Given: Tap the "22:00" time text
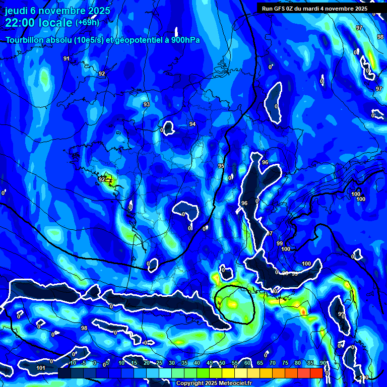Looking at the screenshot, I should [21, 23].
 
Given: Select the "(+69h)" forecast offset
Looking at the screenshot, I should [87, 23].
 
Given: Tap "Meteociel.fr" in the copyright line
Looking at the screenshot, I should [234, 383].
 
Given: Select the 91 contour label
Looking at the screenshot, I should [67, 59].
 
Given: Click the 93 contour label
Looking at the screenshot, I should [147, 105].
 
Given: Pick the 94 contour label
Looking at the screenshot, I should [192, 124].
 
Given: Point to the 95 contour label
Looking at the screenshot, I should [221, 166].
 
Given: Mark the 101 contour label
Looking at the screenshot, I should [41, 368].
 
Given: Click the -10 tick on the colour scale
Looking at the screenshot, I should [72, 363].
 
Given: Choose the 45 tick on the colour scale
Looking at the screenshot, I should [210, 363].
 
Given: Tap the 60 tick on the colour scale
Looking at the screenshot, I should [247, 363].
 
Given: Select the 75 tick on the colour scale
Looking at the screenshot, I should [285, 363].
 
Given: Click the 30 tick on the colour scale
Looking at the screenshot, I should [172, 363].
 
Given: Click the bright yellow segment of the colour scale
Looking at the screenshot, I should [228, 373].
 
